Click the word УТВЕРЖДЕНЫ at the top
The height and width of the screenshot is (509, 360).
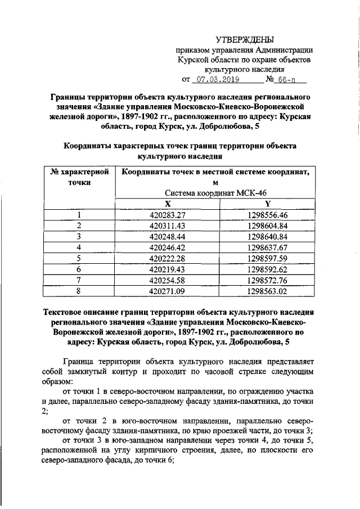coord(245,39)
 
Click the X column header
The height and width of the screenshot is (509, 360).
coord(167,204)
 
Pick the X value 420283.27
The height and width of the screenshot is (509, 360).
coord(168,215)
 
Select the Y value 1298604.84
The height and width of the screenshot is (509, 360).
coord(268,226)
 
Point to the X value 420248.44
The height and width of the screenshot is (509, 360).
coord(168,236)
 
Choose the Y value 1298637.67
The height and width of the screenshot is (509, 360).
coord(268,247)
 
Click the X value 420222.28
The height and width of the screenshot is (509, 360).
coord(168,258)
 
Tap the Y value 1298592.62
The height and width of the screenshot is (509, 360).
coord(268,269)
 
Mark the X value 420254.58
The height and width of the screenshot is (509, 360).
coord(168,280)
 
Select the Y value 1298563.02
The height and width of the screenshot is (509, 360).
coord(268,291)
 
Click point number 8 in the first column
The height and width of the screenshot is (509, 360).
coord(79,291)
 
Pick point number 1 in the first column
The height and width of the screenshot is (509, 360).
coord(79,215)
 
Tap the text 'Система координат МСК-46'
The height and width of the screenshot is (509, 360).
coord(218,193)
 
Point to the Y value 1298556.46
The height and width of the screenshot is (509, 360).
coord(268,215)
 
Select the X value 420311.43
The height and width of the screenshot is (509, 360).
coord(168,226)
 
